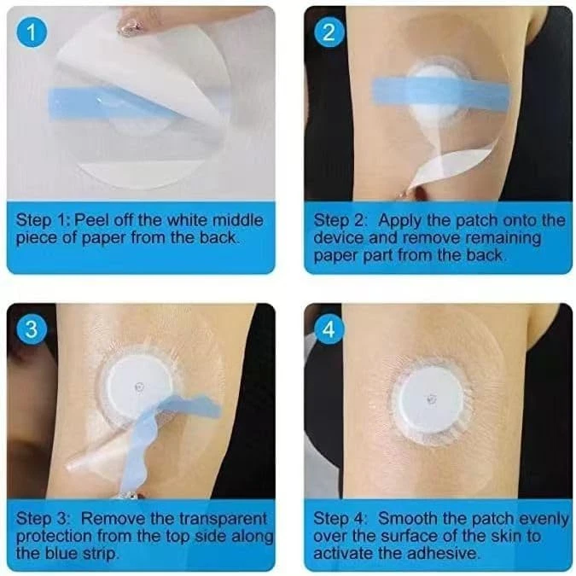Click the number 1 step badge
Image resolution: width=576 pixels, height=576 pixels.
pyautogui.click(x=32, y=32)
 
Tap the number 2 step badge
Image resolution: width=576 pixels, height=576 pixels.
pyautogui.click(x=329, y=32)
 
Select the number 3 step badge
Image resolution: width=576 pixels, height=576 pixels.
pyautogui.click(x=32, y=329)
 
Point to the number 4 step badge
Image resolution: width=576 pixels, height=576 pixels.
pyautogui.click(x=329, y=329)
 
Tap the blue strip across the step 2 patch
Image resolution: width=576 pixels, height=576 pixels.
pyautogui.click(x=441, y=90)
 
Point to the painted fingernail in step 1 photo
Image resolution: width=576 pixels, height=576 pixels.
pyautogui.click(x=130, y=26)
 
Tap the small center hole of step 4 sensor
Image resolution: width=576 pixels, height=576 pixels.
pyautogui.click(x=432, y=399)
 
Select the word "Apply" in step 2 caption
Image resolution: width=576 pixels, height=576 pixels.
pyautogui.click(x=399, y=221)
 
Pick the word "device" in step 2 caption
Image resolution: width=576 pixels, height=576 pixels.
pyautogui.click(x=339, y=238)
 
